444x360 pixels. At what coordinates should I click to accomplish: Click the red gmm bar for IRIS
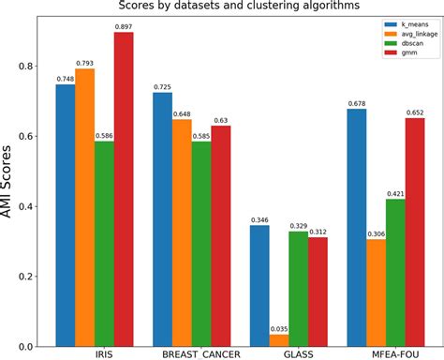click(x=124, y=188)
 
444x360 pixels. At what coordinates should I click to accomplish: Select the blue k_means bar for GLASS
click(x=259, y=285)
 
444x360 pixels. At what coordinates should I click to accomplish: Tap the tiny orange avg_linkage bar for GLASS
click(x=279, y=340)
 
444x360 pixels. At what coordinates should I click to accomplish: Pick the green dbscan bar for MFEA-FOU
click(x=395, y=272)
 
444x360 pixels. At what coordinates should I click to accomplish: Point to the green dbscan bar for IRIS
click(x=104, y=243)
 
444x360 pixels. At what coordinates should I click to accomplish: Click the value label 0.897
click(x=124, y=26)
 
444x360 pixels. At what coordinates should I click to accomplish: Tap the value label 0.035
click(x=279, y=328)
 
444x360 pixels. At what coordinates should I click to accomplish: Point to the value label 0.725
click(x=162, y=86)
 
